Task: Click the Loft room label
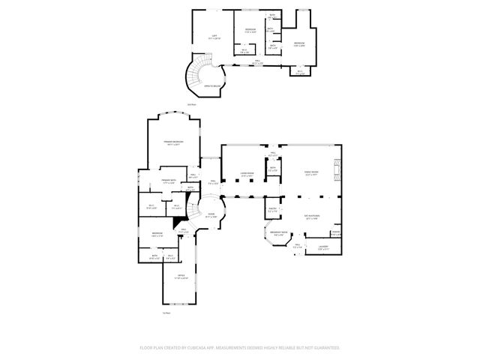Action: [214, 37]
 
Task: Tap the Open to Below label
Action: [212, 86]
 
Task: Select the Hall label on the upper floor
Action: [256, 63]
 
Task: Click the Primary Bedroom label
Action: [174, 142]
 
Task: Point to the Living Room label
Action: [247, 175]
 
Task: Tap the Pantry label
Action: [272, 210]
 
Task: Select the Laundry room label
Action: [322, 247]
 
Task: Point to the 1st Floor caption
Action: [166, 312]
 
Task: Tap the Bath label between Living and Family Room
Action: [272, 169]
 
